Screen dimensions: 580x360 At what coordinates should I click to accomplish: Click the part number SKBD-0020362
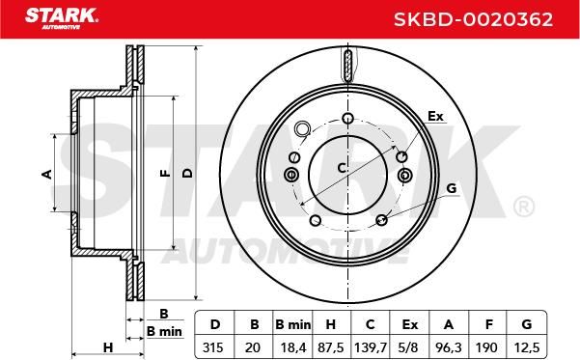point(473,19)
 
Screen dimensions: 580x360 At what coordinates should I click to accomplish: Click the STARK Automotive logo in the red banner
point(62,18)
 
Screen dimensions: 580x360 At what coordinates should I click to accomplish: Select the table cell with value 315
point(213,347)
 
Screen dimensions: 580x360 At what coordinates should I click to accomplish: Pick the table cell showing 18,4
point(293,347)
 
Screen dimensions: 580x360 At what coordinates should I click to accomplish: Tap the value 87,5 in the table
point(331,347)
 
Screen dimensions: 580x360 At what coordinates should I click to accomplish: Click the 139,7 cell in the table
point(371,347)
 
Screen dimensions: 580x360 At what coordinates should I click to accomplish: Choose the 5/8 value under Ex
point(410,347)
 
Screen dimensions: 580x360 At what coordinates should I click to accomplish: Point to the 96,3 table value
point(449,347)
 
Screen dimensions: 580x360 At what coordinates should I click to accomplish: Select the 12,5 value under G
point(527,347)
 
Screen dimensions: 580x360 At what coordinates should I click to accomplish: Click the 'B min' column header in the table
point(293,324)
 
